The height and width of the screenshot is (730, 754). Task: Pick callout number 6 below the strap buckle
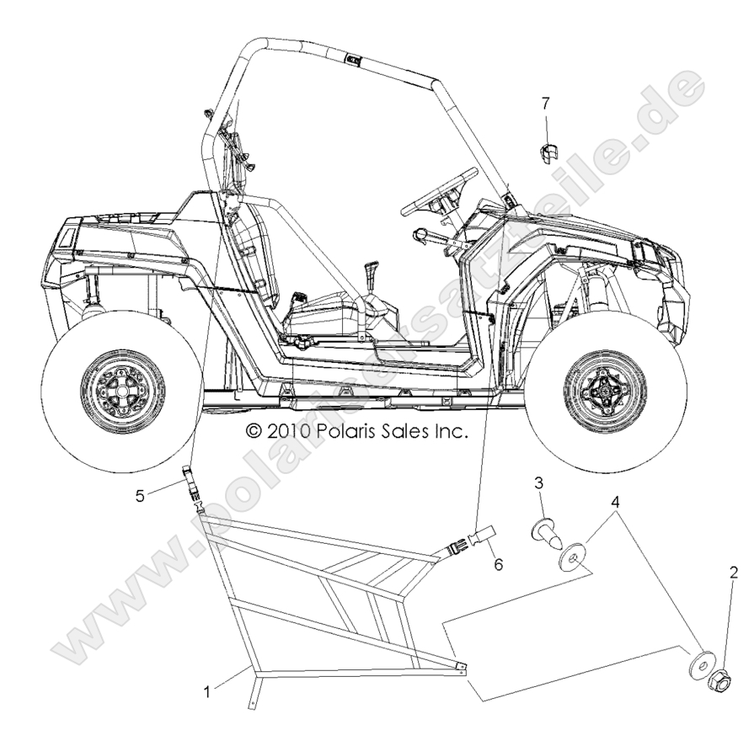tap(499, 564)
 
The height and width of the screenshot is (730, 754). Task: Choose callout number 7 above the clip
tap(546, 104)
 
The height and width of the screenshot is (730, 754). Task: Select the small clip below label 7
tap(548, 153)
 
